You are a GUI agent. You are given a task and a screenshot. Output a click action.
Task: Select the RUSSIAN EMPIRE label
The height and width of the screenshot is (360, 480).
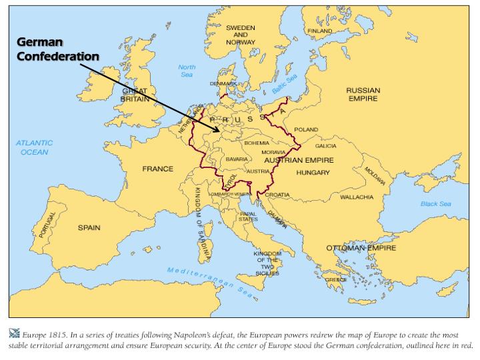pyautogui.click(x=363, y=94)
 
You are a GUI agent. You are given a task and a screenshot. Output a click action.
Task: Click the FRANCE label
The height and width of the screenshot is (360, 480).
pyautogui.click(x=157, y=169)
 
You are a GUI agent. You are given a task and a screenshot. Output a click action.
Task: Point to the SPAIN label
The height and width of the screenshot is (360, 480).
pyautogui.click(x=89, y=228)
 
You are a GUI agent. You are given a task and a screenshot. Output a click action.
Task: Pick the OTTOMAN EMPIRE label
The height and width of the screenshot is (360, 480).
pyautogui.click(x=361, y=248)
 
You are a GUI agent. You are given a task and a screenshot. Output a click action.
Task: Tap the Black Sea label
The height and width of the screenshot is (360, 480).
pyautogui.click(x=435, y=204)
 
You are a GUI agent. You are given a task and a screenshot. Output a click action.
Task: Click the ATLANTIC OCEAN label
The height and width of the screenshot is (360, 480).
pyautogui.click(x=35, y=147)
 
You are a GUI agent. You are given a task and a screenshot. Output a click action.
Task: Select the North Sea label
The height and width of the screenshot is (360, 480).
pyautogui.click(x=187, y=71)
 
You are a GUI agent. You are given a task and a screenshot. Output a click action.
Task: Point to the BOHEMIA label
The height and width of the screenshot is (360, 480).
pyautogui.click(x=257, y=143)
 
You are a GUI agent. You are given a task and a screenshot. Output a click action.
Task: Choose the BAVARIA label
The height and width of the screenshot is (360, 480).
pyautogui.click(x=237, y=160)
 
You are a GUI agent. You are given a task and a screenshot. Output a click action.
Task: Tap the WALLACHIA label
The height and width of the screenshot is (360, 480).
pyautogui.click(x=357, y=197)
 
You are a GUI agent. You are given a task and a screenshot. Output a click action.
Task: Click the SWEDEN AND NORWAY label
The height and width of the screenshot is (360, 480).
pyautogui.click(x=240, y=35)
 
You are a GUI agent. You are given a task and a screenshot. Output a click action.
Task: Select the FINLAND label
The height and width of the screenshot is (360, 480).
pyautogui.click(x=319, y=31)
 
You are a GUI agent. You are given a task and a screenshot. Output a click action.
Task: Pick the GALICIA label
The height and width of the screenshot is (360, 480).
pyautogui.click(x=326, y=146)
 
